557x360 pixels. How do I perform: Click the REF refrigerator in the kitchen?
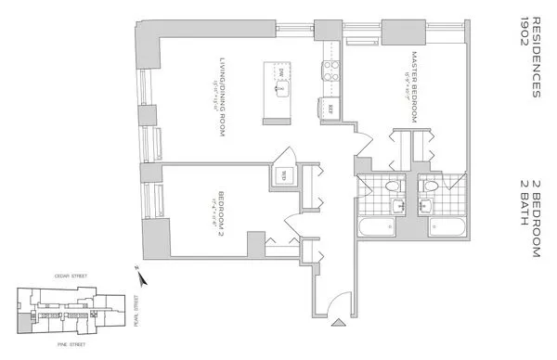(x=331, y=108)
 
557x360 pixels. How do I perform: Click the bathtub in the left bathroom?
(x=380, y=227)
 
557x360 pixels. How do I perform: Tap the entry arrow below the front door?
(x=337, y=323)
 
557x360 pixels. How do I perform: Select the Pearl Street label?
(x=136, y=303)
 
